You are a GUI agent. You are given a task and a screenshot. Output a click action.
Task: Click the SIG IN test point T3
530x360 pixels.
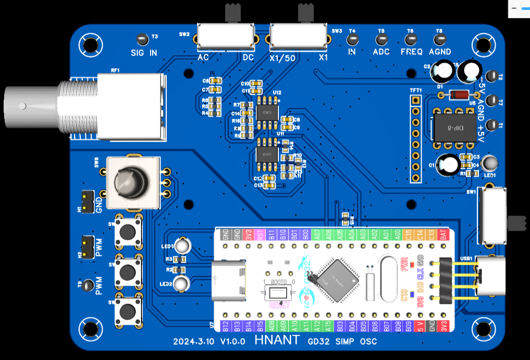click(141, 39)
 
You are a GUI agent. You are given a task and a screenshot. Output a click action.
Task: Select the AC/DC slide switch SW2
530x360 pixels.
click(226, 35)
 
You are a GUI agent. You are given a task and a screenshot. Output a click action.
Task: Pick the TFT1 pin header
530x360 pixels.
click(415, 138)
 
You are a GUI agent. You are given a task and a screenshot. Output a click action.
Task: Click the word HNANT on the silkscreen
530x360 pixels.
click(277, 341)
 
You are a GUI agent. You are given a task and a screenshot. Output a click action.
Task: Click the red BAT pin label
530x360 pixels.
click(443, 234)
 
